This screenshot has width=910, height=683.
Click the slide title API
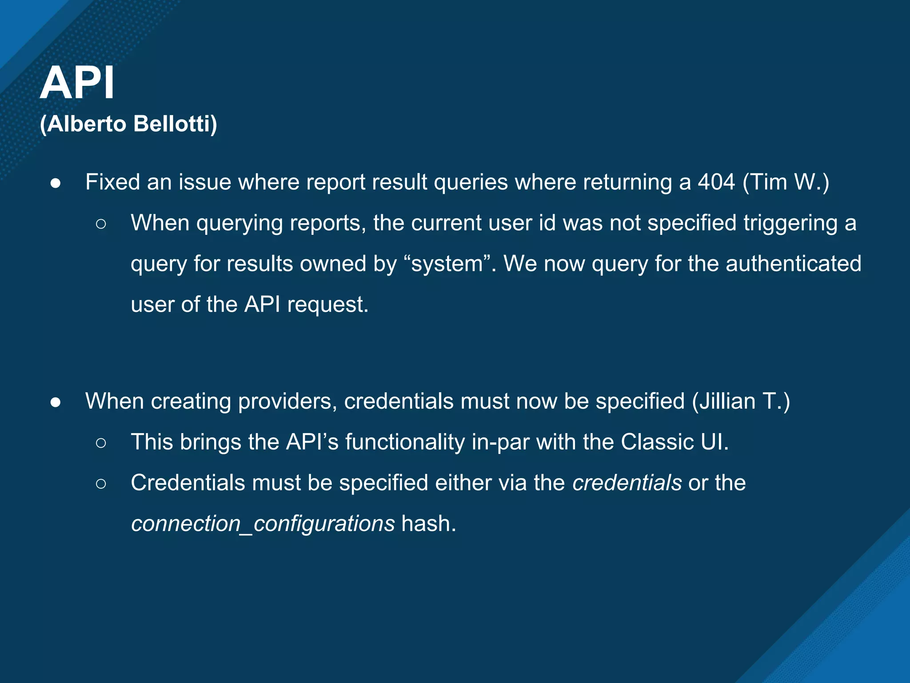(x=77, y=83)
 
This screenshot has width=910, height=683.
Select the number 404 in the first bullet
(x=716, y=182)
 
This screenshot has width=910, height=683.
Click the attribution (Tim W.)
(x=786, y=182)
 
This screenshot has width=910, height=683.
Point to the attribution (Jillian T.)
(x=741, y=401)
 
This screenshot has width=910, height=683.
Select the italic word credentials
(x=627, y=483)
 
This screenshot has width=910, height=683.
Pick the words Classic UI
(x=675, y=442)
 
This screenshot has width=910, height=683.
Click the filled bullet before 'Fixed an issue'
(x=56, y=183)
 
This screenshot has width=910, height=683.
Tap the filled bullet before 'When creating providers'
(x=56, y=402)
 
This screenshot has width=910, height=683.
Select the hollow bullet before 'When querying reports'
(x=101, y=224)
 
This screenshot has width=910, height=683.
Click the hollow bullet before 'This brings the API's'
(x=101, y=443)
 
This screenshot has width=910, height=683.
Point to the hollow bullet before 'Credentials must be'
(x=101, y=484)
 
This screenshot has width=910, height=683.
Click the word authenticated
(x=794, y=264)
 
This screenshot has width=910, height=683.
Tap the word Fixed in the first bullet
(x=112, y=182)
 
